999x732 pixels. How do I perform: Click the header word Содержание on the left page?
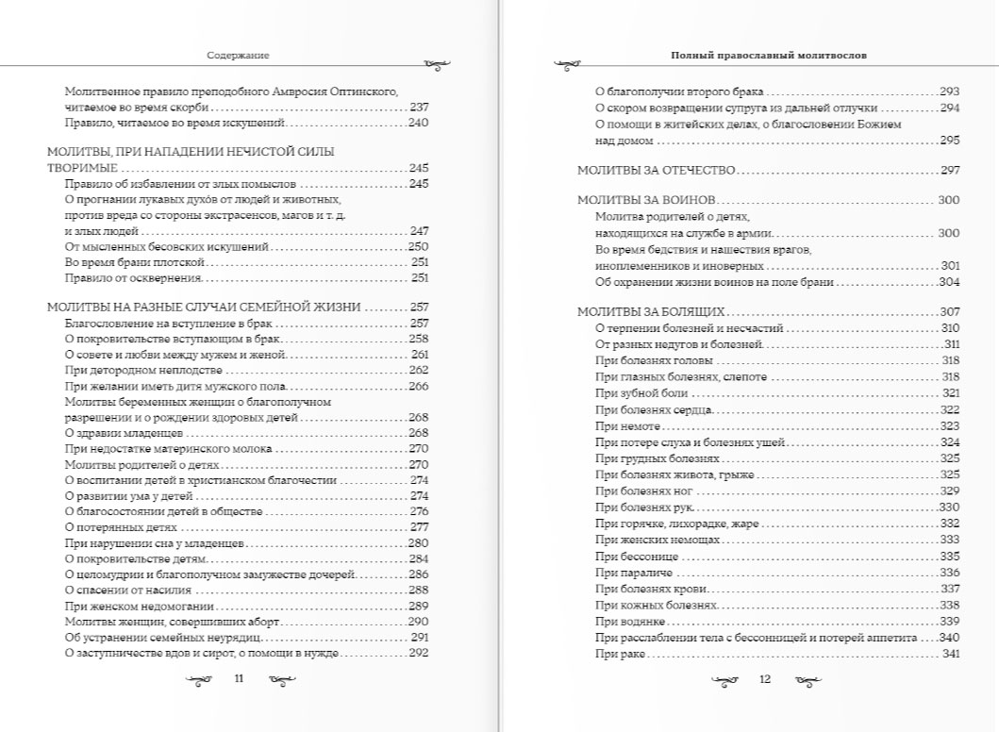coord(238,56)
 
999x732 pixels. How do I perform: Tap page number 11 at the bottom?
coord(239,678)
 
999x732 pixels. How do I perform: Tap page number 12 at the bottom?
coord(765,678)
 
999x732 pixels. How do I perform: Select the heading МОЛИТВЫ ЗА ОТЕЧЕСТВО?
coord(656,171)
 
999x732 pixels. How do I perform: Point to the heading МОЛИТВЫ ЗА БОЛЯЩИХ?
coord(650,311)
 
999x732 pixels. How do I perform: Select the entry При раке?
coord(613,656)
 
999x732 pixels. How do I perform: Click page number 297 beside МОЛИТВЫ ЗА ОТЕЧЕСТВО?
coord(949,171)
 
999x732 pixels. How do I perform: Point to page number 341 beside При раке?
coord(950,656)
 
